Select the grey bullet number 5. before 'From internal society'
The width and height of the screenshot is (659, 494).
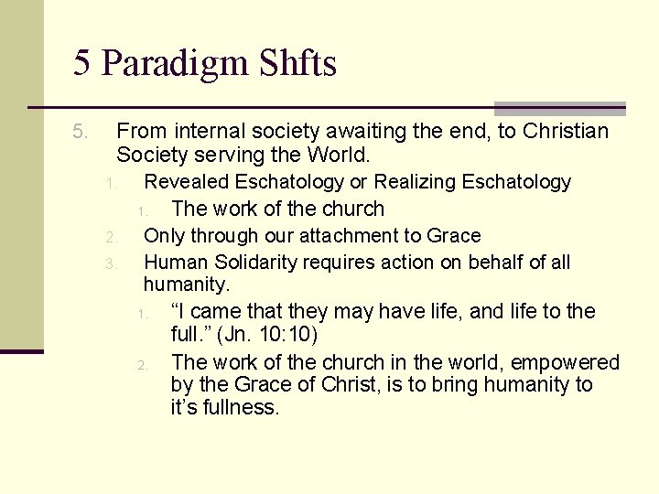point(81,133)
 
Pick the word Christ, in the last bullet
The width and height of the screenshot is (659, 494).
point(360,384)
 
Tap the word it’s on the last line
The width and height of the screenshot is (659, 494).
point(182,407)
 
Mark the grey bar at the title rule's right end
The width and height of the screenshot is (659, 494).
point(559,108)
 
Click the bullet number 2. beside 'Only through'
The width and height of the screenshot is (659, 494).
point(109,238)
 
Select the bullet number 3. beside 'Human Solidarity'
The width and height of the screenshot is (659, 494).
point(109,264)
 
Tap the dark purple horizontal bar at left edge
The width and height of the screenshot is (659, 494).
point(21,351)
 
